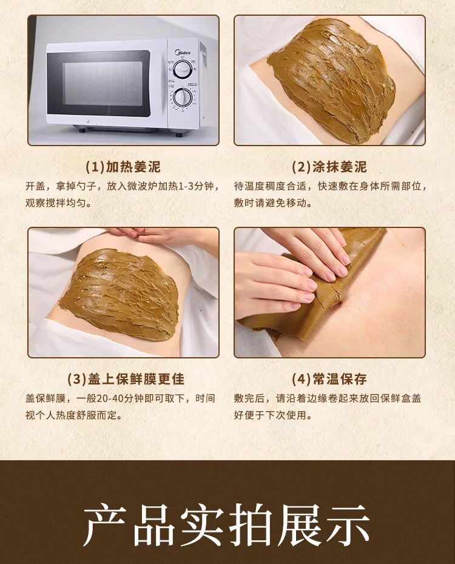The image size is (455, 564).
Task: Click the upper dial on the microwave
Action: coord(181,69)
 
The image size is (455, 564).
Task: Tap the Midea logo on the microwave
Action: coord(183,53)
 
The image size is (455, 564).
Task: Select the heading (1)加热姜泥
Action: coord(123,167)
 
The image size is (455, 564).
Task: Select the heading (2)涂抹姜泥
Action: coord(329,167)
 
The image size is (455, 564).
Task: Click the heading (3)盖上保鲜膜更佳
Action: coord(126,379)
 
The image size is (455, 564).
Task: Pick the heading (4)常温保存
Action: coord(329,379)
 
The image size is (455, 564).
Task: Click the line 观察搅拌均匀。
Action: coord(59,203)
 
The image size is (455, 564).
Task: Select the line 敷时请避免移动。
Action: coord(272,203)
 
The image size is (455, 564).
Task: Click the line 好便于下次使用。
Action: coord(272,415)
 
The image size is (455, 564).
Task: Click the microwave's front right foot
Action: coord(178,134)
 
